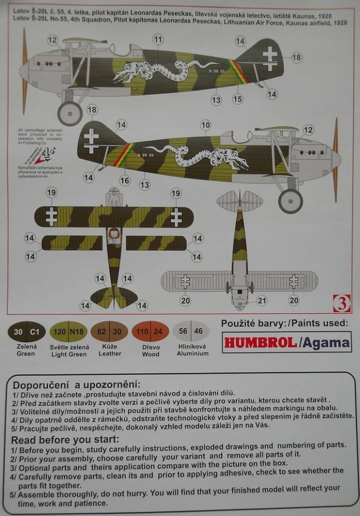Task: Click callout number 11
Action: pos(157,39)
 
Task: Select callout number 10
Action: pos(205,124)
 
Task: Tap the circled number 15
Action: pos(237,99)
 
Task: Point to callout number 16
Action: pos(125,181)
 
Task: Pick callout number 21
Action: pos(261,301)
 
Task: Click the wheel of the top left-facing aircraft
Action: pos(70,114)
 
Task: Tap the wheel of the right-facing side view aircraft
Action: pos(290,200)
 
